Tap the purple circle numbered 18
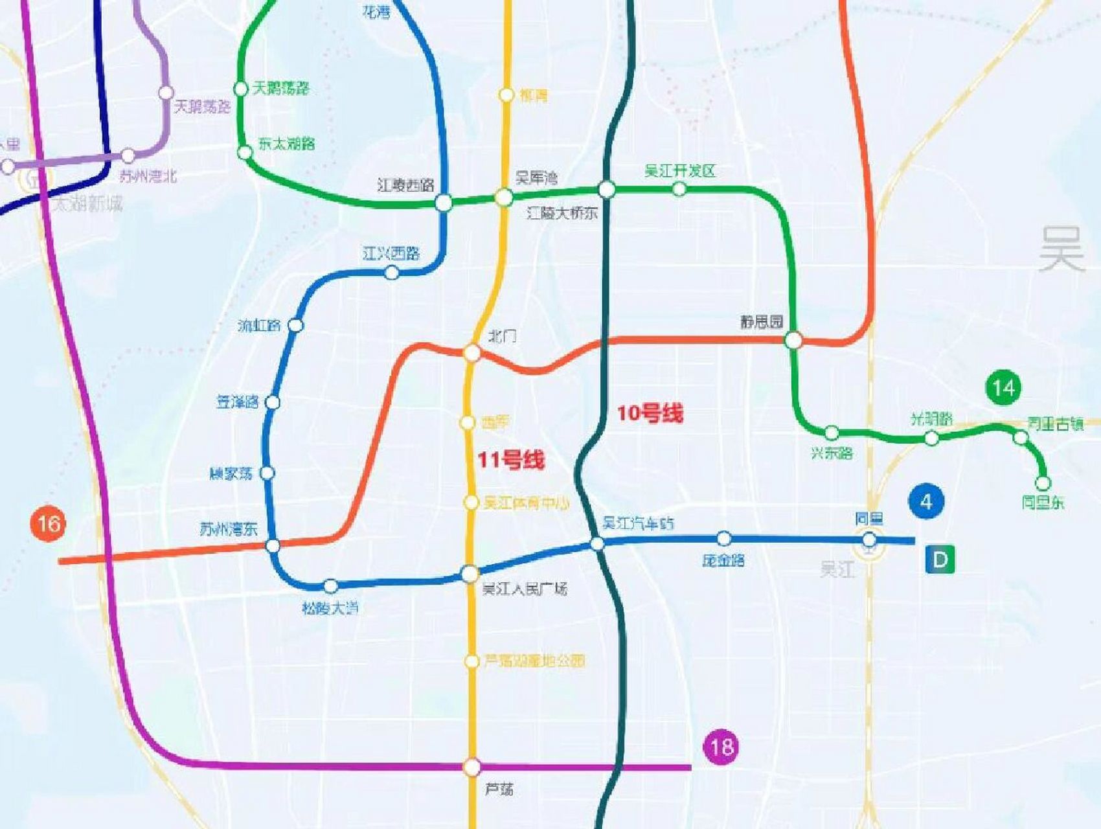coord(721,747)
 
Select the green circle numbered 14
coord(1003,388)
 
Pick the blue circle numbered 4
coord(926,502)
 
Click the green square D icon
coord(940,559)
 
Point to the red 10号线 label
coord(650,413)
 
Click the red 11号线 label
coord(511,460)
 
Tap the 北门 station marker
coord(472,353)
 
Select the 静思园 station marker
coord(793,340)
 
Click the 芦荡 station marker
coord(472,767)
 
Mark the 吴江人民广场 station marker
coord(470,573)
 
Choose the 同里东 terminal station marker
coord(1043,483)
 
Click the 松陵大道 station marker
coord(330,586)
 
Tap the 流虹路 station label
coord(259,325)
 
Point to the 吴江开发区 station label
coord(679,171)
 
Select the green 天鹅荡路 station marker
coord(241,89)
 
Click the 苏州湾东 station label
coord(228,529)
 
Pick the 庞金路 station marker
coord(724,538)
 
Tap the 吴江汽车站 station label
coord(638,523)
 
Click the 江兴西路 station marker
coord(392,273)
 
